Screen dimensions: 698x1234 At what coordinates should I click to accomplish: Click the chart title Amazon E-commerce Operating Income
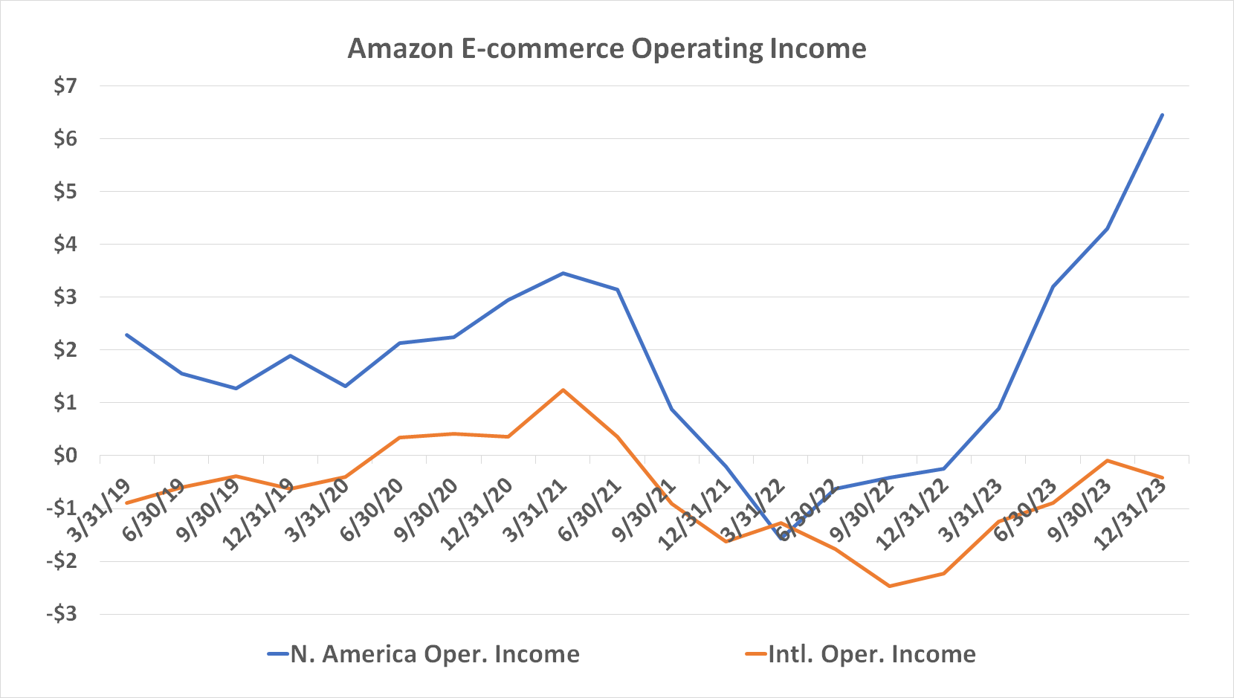(607, 49)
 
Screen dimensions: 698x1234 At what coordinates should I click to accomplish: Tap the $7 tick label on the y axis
(65, 86)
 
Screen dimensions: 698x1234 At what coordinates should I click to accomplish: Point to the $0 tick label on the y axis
(65, 456)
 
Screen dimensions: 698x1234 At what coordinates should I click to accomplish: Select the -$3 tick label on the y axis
(62, 614)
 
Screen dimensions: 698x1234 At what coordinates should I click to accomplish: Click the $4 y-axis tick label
(65, 245)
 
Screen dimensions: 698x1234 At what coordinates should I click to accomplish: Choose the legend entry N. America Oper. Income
(434, 654)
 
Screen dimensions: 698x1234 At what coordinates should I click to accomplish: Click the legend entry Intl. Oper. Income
(871, 654)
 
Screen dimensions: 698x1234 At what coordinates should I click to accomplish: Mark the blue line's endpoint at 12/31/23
(1162, 115)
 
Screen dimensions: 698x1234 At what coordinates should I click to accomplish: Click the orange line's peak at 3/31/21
(563, 390)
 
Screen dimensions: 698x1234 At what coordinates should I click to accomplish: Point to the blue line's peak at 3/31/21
(563, 273)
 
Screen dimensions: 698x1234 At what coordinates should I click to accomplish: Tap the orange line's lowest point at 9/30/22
(890, 586)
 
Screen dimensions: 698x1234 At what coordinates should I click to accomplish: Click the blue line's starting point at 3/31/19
(127, 335)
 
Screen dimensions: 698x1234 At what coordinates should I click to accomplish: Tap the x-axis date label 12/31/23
(1131, 514)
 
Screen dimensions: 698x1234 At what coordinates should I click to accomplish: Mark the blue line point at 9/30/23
(1108, 228)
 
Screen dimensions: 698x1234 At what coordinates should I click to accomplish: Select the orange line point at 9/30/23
(1108, 460)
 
